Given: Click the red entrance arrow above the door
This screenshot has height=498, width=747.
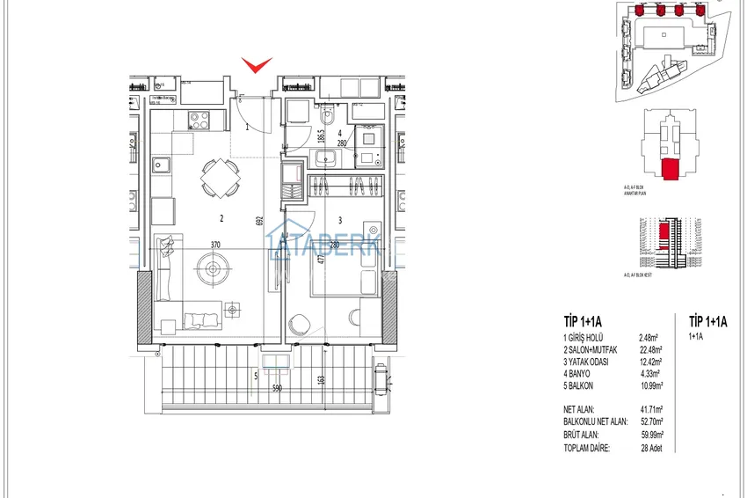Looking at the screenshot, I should (257, 64).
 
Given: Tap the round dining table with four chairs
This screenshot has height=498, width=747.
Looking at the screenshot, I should (218, 178).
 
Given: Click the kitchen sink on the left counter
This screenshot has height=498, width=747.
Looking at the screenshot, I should (163, 163).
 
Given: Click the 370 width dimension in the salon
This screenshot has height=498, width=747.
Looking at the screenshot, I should (214, 245).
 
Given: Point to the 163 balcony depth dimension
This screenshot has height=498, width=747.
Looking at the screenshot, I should (321, 380).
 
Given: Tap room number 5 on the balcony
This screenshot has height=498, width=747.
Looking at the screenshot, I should (255, 377).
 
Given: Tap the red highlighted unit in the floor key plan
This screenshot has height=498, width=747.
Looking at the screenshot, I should (671, 169).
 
